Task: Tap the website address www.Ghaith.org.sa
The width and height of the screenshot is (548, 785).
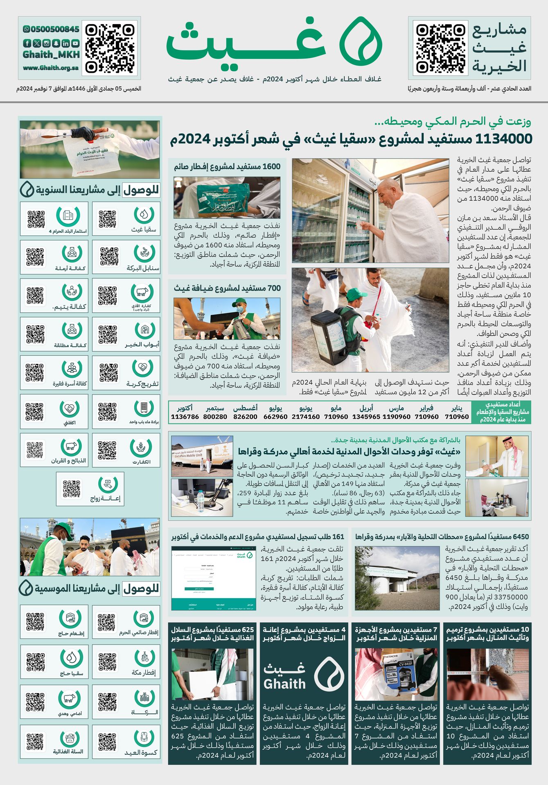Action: (x=51, y=68)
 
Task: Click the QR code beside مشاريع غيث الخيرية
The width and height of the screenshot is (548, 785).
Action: (x=440, y=48)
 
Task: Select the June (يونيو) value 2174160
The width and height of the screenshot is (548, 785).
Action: (x=306, y=417)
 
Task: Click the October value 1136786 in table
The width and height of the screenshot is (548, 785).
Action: (x=185, y=417)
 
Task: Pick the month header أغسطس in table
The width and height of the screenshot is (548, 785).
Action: (x=245, y=408)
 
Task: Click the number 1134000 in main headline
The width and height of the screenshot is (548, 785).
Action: (x=504, y=139)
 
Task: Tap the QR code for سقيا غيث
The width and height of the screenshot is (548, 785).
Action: (x=108, y=219)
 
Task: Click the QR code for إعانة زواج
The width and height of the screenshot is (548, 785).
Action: (x=72, y=489)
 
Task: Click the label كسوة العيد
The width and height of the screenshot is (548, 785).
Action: (x=141, y=752)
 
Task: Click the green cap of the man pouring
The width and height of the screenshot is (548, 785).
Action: (x=240, y=303)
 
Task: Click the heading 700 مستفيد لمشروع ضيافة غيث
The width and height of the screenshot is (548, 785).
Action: (x=227, y=288)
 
